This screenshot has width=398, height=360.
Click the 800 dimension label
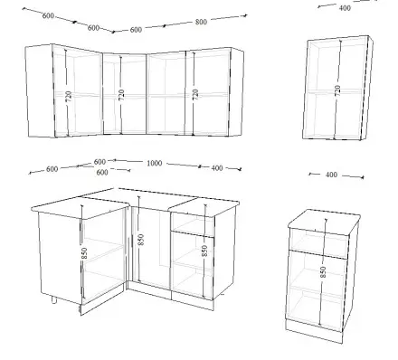point(201,22)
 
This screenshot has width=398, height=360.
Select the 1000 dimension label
point(155,163)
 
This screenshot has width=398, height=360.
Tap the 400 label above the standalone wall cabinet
point(345,8)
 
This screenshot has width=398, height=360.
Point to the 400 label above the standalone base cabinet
point(331,175)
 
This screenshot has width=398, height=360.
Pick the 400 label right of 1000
point(217,168)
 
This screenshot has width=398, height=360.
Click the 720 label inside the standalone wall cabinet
point(337,90)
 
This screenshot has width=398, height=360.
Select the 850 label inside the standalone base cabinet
point(323,272)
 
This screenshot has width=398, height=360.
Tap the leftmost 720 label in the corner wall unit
point(69,96)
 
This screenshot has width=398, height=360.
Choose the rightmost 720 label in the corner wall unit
point(195,94)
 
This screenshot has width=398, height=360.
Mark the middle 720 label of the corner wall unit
point(121,95)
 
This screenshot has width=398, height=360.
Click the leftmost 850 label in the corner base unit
point(84,253)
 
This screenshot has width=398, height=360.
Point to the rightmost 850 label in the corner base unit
point(204,251)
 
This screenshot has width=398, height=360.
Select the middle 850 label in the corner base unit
point(141,240)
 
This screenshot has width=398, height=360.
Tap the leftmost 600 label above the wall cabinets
point(48,15)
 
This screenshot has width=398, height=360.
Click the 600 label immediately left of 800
point(136,30)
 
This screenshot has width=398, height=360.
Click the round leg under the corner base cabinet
point(54,299)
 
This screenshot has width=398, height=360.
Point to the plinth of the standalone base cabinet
point(314,331)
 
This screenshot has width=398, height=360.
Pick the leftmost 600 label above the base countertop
point(52,169)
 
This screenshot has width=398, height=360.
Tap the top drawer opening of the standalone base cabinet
point(318,242)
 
